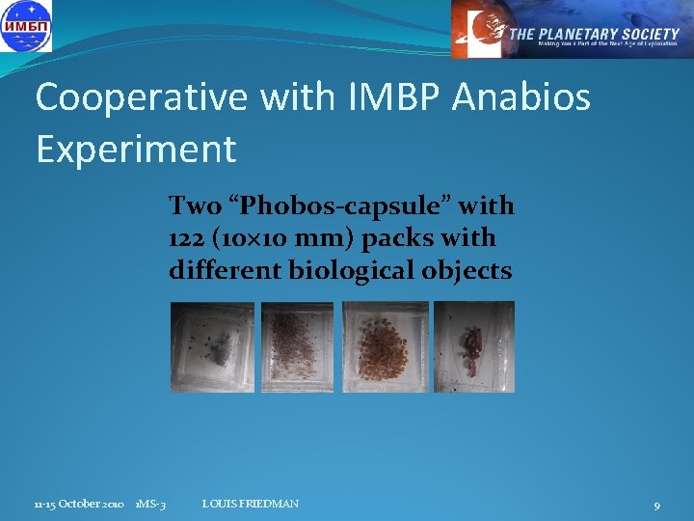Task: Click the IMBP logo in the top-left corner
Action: [27, 26]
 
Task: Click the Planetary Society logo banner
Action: [572, 30]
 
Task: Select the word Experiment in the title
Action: [136, 149]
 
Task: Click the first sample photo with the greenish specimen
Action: [212, 346]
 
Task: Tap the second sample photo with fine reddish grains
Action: [297, 346]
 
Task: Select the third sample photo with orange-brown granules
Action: [385, 346]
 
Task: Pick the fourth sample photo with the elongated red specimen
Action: [473, 346]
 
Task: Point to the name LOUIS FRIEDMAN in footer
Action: [251, 504]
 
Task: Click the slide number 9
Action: [656, 506]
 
